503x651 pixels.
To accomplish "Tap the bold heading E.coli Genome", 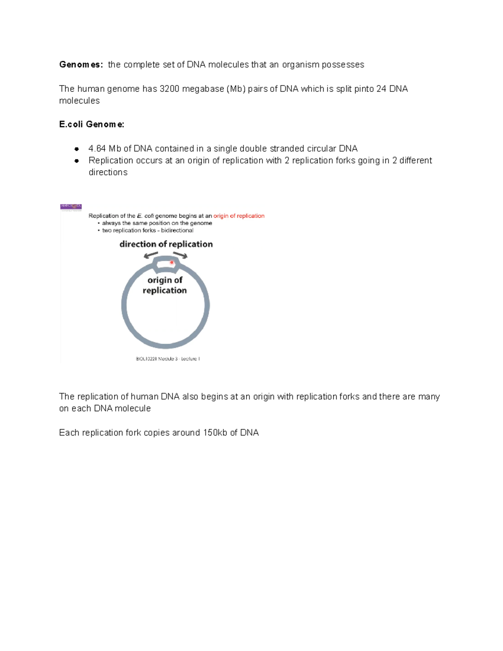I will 91,124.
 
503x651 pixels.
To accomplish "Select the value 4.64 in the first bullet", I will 97,149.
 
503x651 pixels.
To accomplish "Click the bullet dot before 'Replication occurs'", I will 77,161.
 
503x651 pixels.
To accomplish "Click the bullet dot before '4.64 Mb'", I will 77,149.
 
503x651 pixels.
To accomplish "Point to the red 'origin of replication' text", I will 239,216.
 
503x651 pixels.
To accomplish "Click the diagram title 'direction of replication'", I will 166,244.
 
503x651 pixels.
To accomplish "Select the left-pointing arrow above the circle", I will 151,255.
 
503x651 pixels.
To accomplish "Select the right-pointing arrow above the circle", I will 180,255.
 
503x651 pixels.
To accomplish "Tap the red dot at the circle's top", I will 171,262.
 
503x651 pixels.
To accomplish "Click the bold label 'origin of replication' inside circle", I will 165,285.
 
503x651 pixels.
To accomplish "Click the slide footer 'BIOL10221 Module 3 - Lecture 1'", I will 168,359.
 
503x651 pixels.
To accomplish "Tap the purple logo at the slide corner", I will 71,207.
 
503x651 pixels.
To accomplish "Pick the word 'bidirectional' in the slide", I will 177,230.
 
